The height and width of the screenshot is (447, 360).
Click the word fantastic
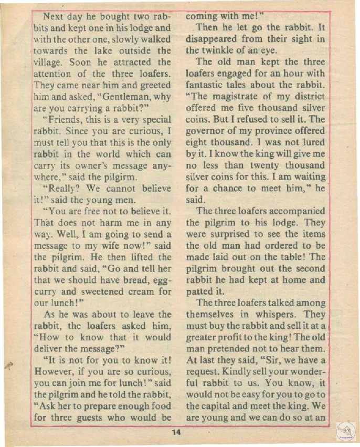tap(207, 85)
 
